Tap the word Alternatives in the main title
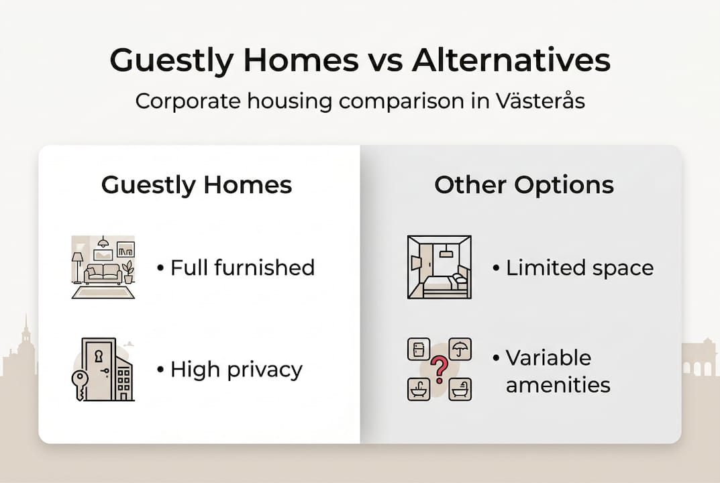point(511,60)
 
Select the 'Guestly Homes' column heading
point(197,185)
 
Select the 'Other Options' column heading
point(523,185)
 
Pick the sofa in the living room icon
point(103,274)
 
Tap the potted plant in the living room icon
point(127,272)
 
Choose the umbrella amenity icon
point(460,349)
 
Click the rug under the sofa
point(103,292)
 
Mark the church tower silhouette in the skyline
point(25,342)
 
